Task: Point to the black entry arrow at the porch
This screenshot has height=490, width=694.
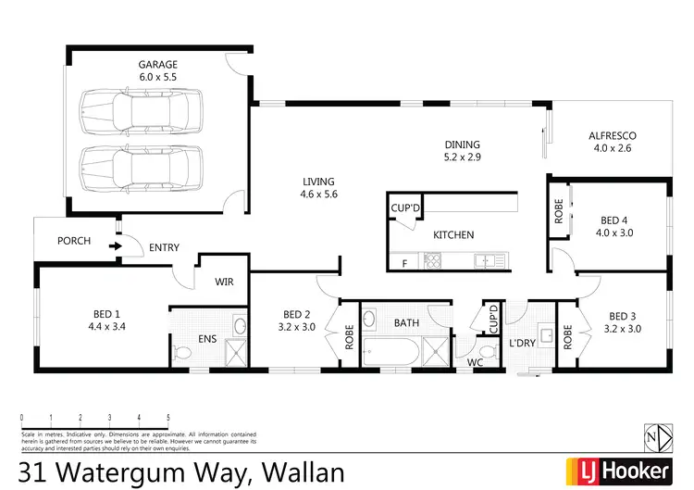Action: pyautogui.click(x=114, y=246)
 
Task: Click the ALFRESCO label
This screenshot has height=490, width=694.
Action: pyautogui.click(x=613, y=136)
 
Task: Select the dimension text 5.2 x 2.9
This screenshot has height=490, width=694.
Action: pyautogui.click(x=464, y=158)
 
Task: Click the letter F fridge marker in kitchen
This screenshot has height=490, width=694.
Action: pyautogui.click(x=403, y=264)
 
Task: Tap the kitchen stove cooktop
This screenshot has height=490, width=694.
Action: pyautogui.click(x=432, y=262)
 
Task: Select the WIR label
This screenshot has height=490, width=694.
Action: pyautogui.click(x=224, y=282)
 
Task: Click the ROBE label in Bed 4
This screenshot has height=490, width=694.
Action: pyautogui.click(x=559, y=211)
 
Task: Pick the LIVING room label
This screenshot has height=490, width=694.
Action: pyautogui.click(x=317, y=182)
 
